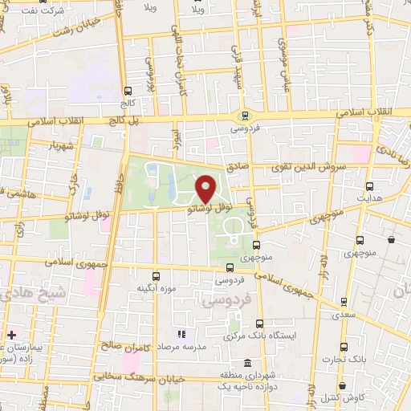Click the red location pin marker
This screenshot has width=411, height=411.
(205, 188)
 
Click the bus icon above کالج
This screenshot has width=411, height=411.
(128, 91)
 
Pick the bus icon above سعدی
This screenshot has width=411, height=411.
(344, 303)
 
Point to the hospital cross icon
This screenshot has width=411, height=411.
(10, 332)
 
